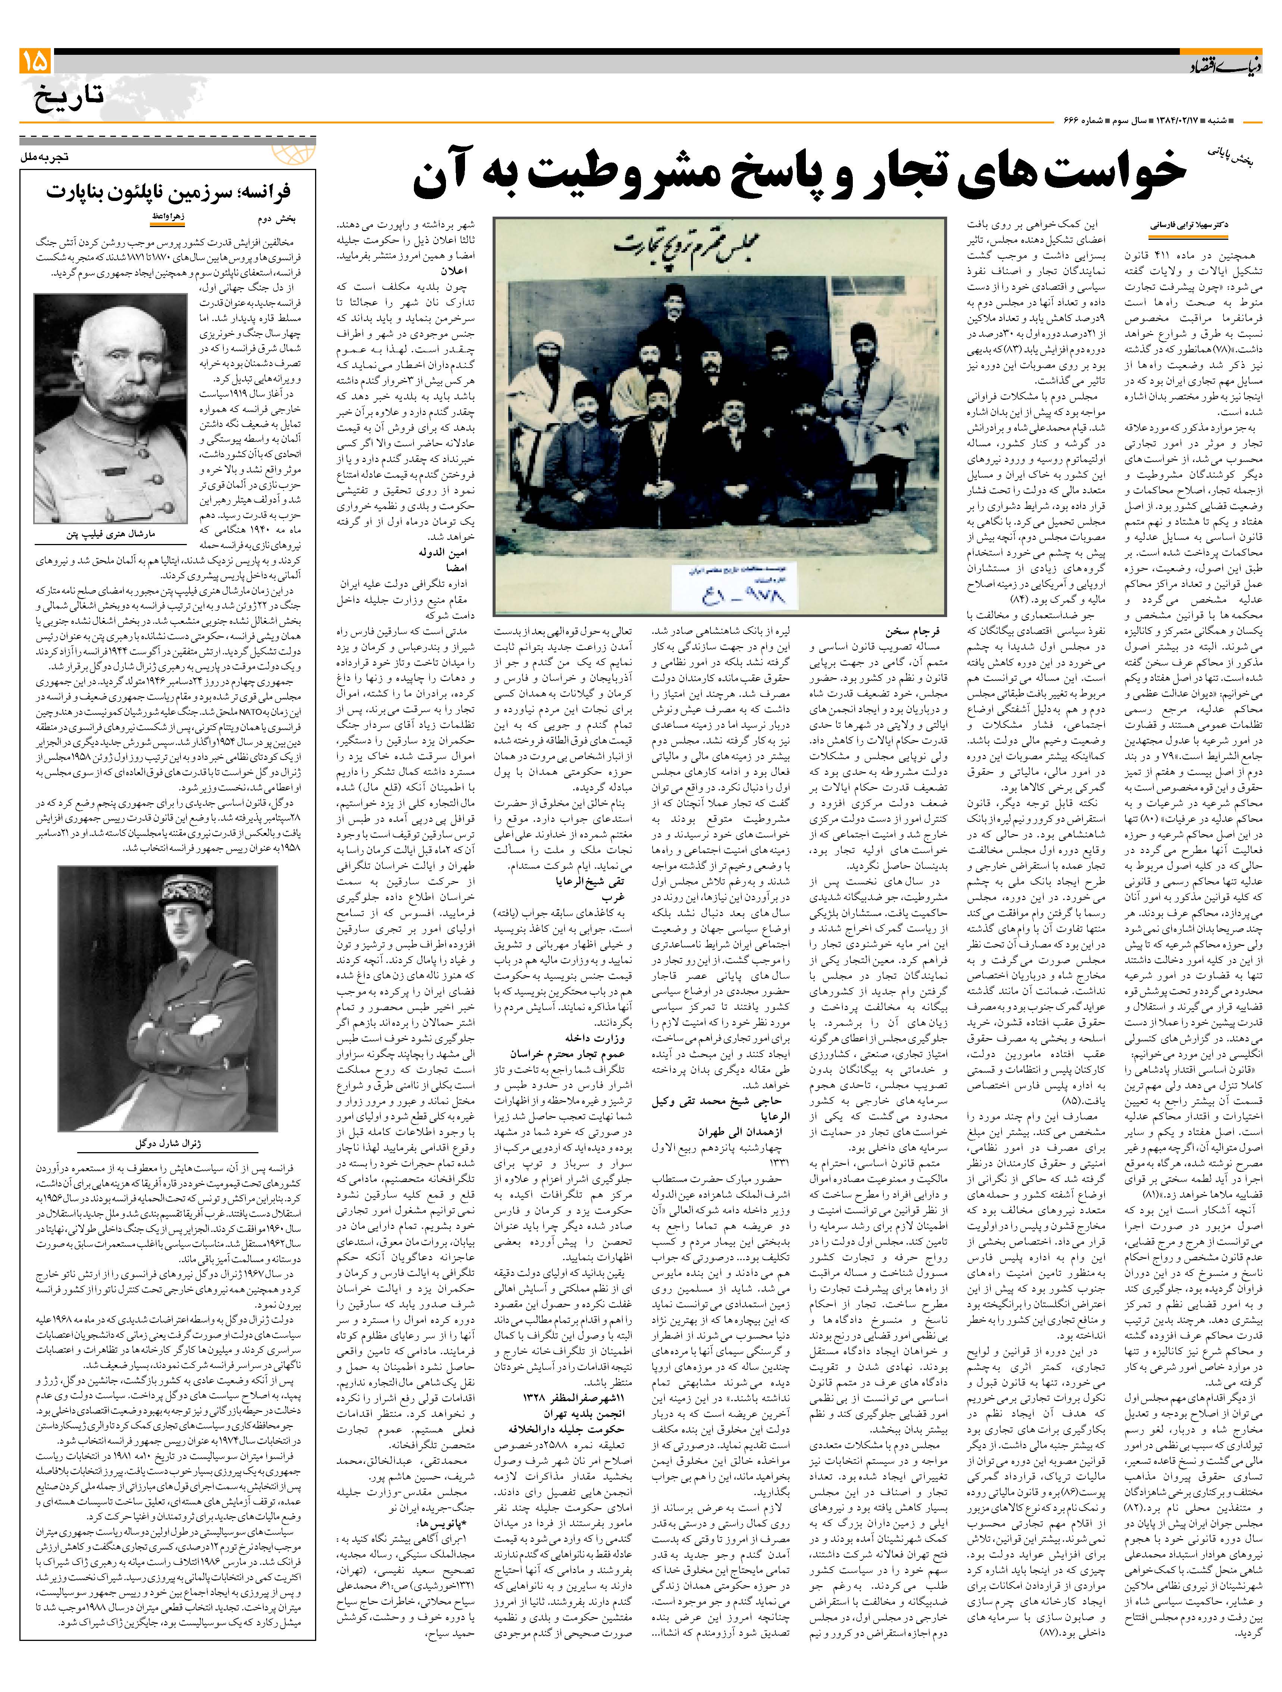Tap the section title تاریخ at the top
(x=69, y=98)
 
